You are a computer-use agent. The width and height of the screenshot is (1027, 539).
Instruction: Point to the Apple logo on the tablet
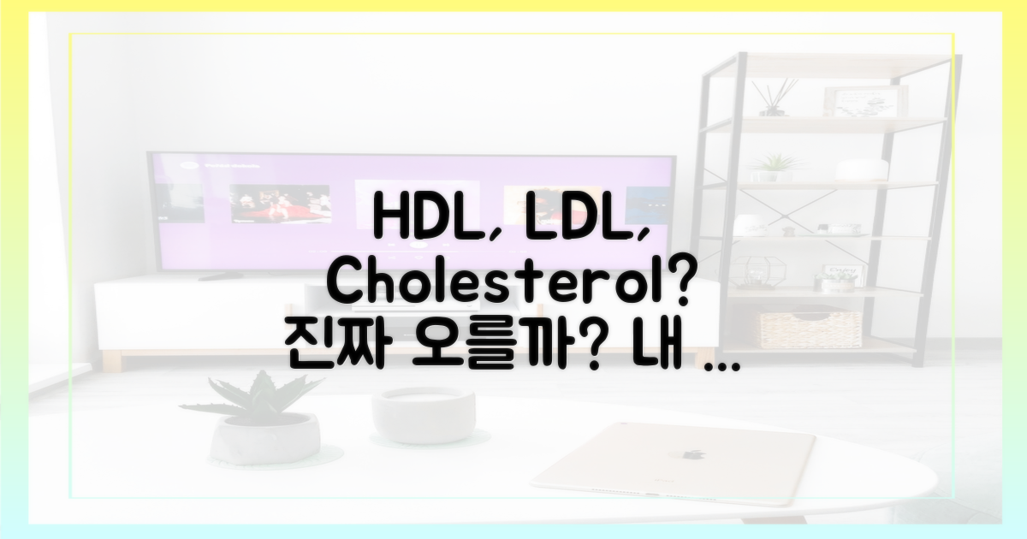pyautogui.click(x=692, y=453)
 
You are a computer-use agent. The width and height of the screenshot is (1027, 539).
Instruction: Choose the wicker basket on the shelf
pyautogui.click(x=810, y=329)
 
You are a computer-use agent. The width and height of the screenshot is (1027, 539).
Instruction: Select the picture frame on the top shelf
pyautogui.click(x=859, y=101)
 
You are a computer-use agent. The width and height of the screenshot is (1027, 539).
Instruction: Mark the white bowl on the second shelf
pyautogui.click(x=861, y=169)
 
